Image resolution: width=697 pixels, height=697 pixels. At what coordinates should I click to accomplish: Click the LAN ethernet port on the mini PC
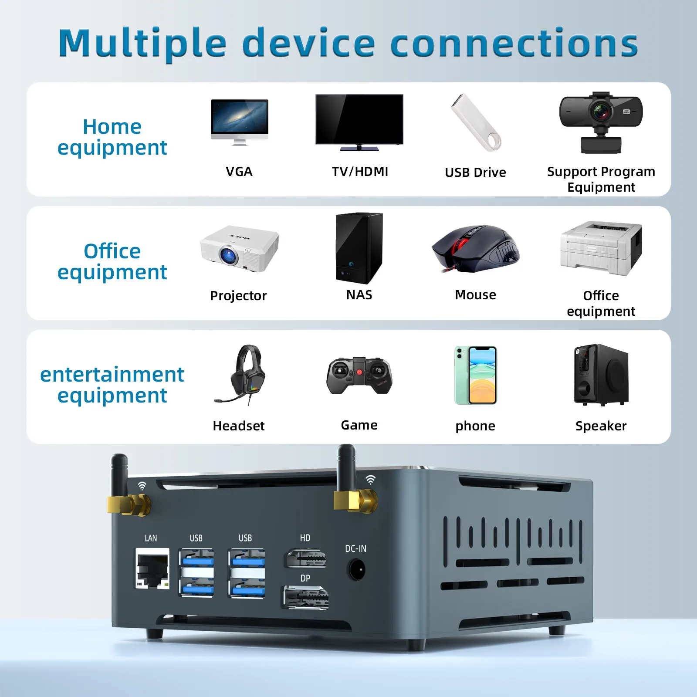pos(152,568)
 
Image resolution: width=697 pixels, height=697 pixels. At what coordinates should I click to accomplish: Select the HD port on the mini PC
pos(305,558)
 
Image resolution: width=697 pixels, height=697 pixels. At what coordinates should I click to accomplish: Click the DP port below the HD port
pos(306,597)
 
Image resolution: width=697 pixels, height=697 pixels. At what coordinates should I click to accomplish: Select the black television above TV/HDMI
pos(359,120)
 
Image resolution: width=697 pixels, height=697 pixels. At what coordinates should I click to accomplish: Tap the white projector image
pos(239,249)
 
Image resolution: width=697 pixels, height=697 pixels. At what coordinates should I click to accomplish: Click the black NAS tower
pos(359,248)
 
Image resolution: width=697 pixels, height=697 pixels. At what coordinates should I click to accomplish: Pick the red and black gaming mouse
pos(476,249)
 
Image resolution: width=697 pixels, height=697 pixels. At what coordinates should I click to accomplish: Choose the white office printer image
pos(601,248)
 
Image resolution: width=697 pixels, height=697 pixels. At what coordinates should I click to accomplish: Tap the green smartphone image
pos(476,375)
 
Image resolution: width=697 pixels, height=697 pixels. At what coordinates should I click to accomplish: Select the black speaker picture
pos(601,375)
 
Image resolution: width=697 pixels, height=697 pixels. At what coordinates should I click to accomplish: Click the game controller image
pos(359,375)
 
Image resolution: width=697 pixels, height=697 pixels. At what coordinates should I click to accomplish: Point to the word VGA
pos(239,172)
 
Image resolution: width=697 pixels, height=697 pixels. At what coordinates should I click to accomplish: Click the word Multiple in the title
pos(142,44)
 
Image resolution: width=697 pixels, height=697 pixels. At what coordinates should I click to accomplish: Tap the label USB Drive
pos(475,173)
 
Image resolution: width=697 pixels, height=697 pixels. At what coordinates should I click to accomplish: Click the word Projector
pos(238,296)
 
